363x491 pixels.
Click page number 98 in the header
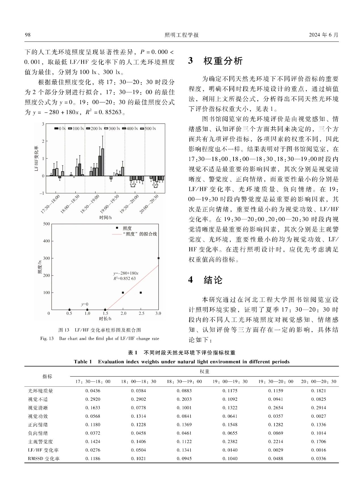[28, 35]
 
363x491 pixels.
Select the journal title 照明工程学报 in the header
[181, 35]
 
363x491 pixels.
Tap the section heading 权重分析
[223, 61]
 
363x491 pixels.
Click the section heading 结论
[213, 280]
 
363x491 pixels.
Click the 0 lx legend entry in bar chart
[60, 129]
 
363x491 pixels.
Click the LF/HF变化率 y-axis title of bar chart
[36, 158]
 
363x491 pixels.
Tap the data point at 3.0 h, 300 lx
[158, 258]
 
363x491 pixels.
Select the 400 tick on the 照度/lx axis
[47, 241]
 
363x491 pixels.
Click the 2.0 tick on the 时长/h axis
[123, 313]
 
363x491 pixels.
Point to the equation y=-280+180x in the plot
[126, 273]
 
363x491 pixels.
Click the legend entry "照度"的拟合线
[139, 234]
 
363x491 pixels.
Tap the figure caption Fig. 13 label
[47, 338]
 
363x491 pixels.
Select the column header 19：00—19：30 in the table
[230, 381]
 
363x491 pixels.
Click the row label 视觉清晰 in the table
[38, 408]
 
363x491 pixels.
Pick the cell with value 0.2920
[93, 399]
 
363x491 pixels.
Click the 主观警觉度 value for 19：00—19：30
[230, 441]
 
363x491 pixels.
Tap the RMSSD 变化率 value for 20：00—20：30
[318, 458]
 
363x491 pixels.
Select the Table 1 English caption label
[83, 362]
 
